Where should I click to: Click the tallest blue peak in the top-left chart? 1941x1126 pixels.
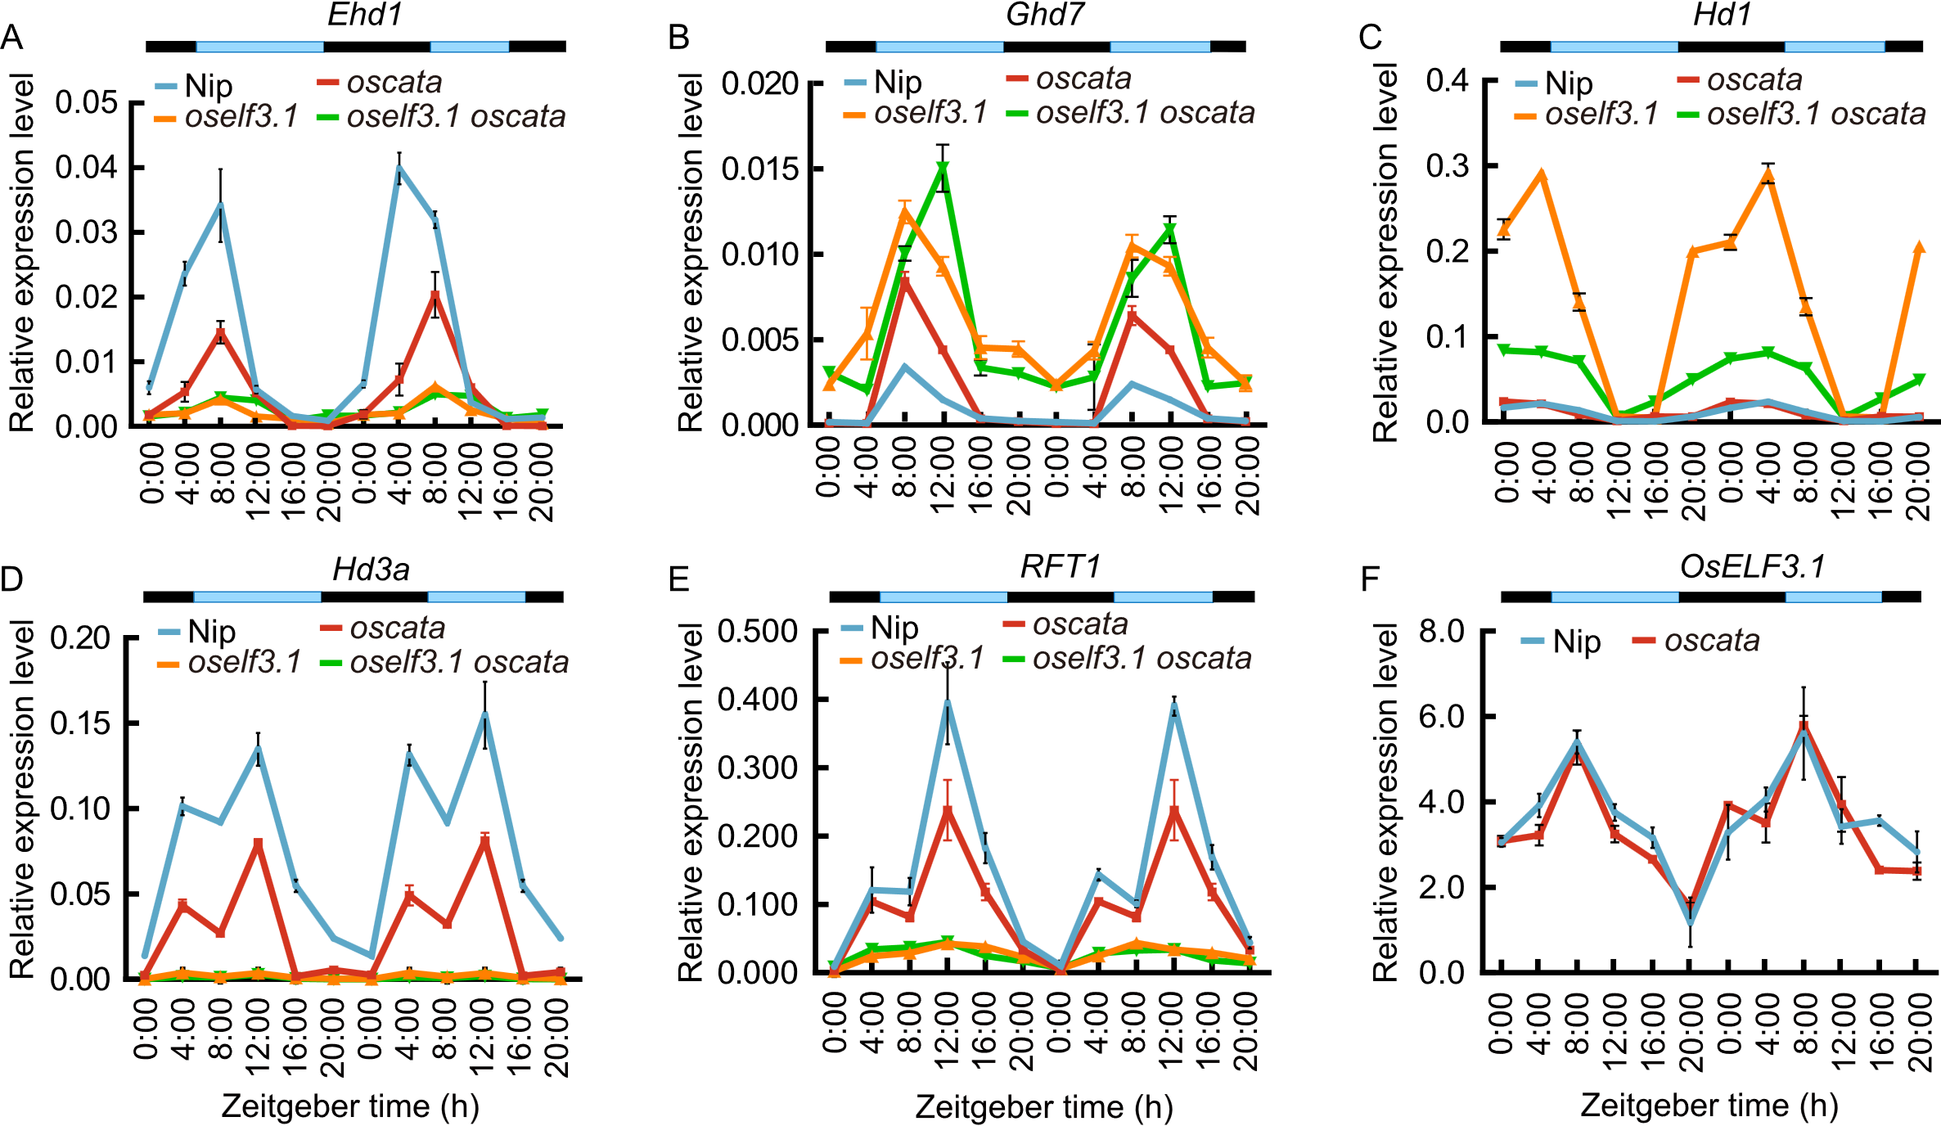click(x=399, y=168)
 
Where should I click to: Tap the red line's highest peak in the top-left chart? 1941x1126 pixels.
click(x=435, y=295)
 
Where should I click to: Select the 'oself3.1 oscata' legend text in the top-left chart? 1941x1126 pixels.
click(x=456, y=117)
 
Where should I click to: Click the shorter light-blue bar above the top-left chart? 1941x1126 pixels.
click(x=470, y=47)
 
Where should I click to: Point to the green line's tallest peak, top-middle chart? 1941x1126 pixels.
click(x=943, y=168)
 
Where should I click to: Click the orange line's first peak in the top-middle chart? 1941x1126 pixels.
click(x=904, y=213)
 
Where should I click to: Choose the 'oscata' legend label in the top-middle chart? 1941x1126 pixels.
click(x=1083, y=79)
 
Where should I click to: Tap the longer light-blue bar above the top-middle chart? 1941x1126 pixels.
click(x=939, y=47)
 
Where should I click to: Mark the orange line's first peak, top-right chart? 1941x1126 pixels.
click(x=1542, y=174)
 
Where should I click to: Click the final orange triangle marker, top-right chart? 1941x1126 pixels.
click(x=1919, y=246)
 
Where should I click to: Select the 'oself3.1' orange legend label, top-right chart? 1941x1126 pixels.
click(x=1601, y=115)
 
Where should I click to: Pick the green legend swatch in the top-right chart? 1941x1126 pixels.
click(x=1688, y=115)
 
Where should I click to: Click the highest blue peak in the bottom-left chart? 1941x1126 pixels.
click(x=485, y=714)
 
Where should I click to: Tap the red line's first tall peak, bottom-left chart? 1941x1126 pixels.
click(x=259, y=843)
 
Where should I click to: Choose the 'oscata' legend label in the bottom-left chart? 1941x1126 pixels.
click(x=398, y=628)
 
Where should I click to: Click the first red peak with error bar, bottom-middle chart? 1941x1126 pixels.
click(x=948, y=809)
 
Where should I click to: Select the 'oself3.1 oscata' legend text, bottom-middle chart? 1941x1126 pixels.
click(x=1142, y=659)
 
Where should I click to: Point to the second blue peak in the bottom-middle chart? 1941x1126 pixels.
click(x=1174, y=705)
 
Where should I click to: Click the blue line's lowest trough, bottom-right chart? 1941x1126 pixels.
click(x=1691, y=922)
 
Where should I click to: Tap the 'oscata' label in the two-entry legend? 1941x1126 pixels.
click(x=1712, y=641)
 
